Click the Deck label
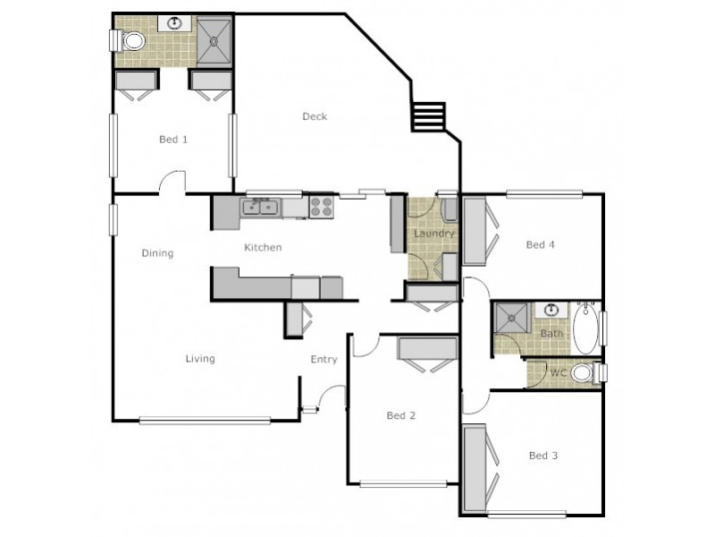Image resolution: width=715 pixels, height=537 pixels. [315, 116]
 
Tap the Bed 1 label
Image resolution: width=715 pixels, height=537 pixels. [173, 140]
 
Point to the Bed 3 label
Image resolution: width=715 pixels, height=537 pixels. [543, 456]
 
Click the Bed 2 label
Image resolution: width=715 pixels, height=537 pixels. [401, 415]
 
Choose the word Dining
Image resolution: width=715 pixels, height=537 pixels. [157, 253]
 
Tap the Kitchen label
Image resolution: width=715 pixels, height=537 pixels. [264, 248]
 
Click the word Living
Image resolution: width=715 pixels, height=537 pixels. [200, 359]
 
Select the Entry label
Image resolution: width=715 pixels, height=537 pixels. [324, 360]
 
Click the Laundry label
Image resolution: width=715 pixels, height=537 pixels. [434, 234]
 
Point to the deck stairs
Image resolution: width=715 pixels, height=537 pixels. [427, 117]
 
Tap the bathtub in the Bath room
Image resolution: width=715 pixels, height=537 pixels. [585, 328]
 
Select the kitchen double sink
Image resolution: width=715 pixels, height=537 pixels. [261, 208]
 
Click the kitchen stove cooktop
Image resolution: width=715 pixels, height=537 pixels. [321, 208]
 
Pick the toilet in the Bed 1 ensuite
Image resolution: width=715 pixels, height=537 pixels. [130, 40]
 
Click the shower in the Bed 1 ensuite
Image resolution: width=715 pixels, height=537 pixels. [214, 40]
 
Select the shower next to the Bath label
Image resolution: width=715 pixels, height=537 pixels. [514, 318]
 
